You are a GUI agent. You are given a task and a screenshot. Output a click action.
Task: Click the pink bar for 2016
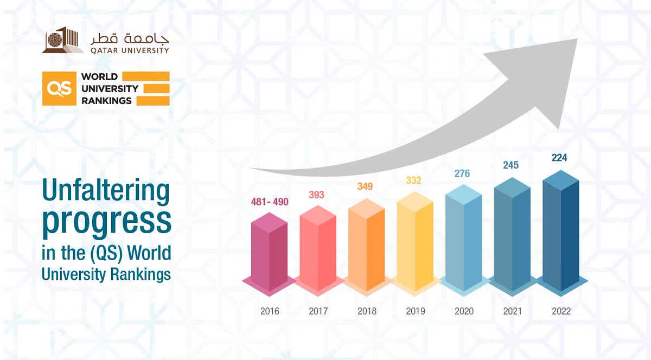[269, 249]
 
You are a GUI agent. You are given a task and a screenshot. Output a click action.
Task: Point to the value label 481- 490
[270, 202]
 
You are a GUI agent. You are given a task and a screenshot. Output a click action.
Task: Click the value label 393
[317, 195]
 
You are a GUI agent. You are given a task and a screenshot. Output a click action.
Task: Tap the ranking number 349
[366, 187]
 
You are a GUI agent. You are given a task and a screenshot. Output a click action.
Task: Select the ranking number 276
[462, 173]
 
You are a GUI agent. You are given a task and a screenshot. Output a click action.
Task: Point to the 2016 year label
[270, 311]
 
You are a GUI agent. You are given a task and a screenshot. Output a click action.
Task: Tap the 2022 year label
[561, 311]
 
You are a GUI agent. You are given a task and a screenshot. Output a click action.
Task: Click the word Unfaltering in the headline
[105, 193]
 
